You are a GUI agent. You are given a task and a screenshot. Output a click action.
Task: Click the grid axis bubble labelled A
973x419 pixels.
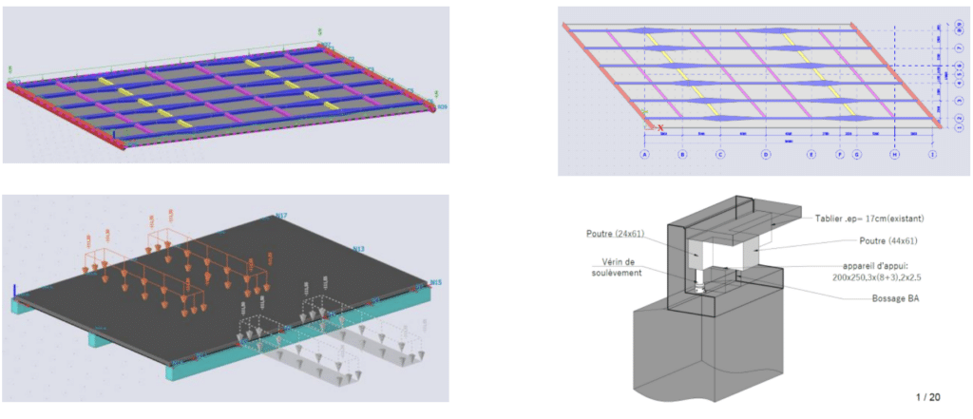tap(644, 154)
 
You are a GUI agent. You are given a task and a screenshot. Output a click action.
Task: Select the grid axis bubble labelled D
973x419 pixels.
tap(766, 154)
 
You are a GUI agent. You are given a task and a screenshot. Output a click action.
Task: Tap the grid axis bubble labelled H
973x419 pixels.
tap(894, 154)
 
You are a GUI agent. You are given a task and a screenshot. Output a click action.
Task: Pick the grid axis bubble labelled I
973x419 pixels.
tap(932, 154)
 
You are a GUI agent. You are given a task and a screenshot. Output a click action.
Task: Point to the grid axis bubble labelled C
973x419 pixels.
tap(720, 154)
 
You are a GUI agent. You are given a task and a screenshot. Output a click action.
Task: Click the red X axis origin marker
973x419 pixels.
tap(660, 127)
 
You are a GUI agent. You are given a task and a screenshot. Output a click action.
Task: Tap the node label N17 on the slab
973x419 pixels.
tap(281, 217)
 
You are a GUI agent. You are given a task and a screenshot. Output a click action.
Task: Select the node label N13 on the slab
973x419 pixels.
tap(359, 249)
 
